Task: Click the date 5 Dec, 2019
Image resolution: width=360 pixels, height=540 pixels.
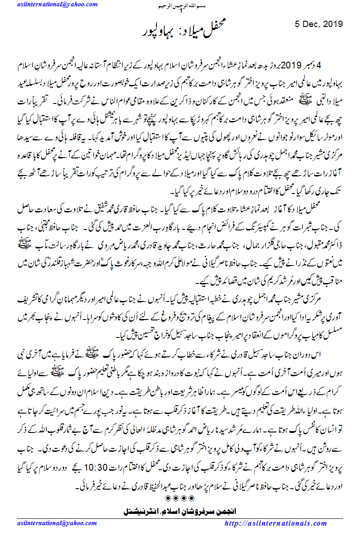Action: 321,23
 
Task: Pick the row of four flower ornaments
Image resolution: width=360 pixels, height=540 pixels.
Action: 180,498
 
